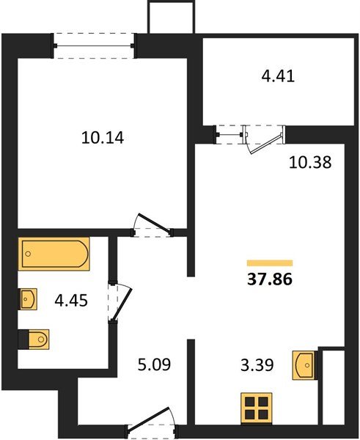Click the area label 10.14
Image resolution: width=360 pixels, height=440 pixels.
click(103, 138)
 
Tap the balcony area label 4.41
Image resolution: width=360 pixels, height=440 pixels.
click(278, 76)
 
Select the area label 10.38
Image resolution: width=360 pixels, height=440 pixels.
click(310, 163)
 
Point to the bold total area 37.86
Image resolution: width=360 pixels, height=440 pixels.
click(270, 279)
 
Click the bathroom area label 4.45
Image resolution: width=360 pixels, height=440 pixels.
click(71, 301)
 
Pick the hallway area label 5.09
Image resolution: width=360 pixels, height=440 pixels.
click(154, 364)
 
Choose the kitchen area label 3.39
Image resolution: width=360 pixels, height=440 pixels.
click(257, 365)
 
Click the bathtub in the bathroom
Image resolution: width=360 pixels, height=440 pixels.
click(54, 254)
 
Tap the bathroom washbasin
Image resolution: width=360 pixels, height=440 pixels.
click(28, 299)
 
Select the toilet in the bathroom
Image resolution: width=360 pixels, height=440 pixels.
click(34, 340)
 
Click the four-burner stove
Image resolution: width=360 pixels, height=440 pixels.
click(257, 408)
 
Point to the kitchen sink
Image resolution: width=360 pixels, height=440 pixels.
click(303, 365)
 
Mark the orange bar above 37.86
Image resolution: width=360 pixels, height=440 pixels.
click(270, 263)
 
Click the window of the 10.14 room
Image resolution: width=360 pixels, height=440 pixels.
click(94, 45)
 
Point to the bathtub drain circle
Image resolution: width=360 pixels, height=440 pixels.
click(28, 254)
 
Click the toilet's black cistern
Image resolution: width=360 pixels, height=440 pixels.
click(23, 340)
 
